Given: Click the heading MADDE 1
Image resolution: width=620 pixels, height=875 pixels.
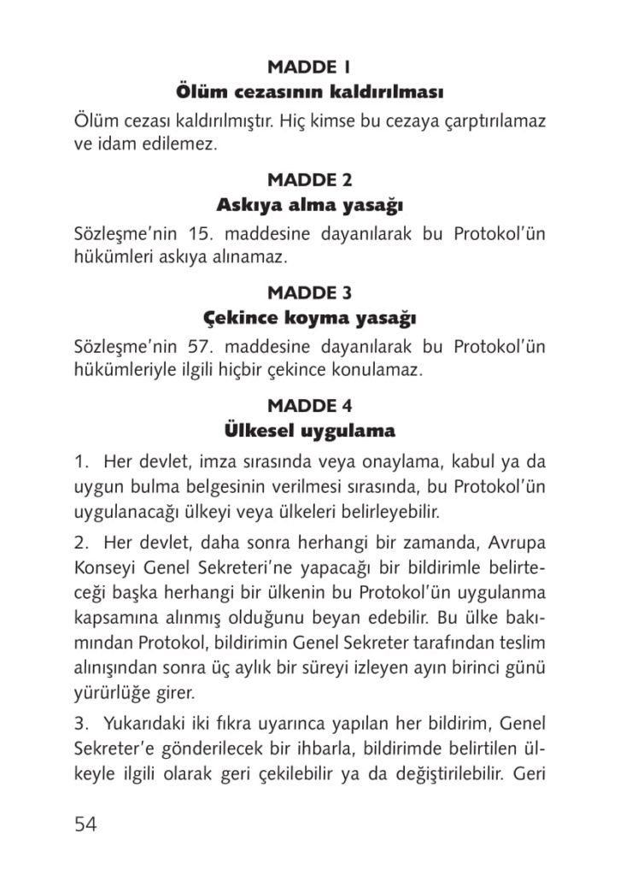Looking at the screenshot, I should [309, 67].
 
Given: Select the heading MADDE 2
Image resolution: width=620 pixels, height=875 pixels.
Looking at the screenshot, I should [309, 179].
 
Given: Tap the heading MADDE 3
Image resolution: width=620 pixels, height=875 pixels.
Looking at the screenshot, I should [309, 292].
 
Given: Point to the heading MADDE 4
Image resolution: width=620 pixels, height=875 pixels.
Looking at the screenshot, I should [309, 405].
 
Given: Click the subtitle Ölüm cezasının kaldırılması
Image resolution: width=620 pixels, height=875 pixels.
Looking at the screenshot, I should [309, 90].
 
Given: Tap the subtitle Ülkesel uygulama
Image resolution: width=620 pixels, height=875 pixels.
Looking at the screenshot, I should [309, 429].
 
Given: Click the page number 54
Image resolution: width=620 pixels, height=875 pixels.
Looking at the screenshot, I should [85, 824].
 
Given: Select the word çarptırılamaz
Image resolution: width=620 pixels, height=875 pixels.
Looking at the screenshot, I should [493, 120].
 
